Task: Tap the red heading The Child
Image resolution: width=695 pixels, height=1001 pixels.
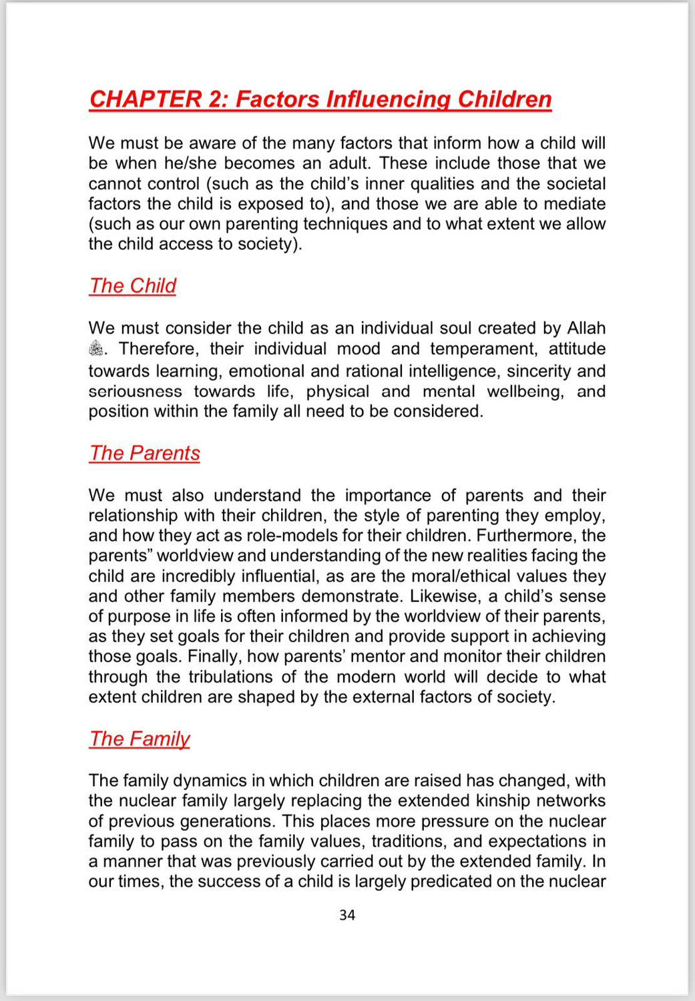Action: click(x=133, y=286)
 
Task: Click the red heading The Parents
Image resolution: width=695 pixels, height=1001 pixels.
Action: click(x=145, y=453)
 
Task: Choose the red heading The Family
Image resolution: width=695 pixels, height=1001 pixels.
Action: click(x=140, y=739)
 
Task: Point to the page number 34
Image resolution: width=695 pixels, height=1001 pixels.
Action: click(x=347, y=915)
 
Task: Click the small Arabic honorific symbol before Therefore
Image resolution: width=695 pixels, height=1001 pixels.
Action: click(x=97, y=348)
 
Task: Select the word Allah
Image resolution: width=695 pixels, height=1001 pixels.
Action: click(x=586, y=328)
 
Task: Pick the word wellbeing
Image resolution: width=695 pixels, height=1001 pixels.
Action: click(x=525, y=391)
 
